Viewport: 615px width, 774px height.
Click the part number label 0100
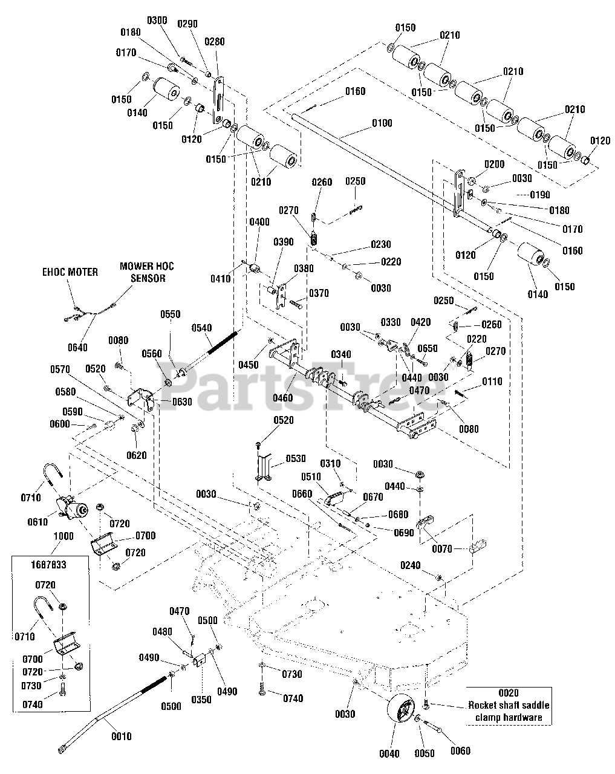pos(382,123)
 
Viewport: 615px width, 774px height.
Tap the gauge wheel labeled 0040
pos(400,711)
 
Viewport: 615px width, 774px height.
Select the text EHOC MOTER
pos(70,272)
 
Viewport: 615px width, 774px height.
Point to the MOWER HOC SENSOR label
pos(147,272)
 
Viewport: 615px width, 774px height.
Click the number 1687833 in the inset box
pos(48,565)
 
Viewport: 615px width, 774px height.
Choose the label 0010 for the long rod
pos(122,737)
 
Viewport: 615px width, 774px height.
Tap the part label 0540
pos(202,328)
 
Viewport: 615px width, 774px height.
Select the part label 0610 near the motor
pos(37,522)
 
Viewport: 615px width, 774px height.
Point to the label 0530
pos(296,458)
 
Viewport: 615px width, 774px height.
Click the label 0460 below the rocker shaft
pos(283,398)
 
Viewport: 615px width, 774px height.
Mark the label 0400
pos(259,222)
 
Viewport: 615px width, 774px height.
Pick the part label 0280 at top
pos(215,42)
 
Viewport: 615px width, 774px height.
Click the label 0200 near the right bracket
pos(495,164)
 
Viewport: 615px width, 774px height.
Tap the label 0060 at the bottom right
pos(461,751)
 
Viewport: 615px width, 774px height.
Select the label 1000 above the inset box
pos(63,536)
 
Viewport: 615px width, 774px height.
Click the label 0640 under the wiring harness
pos(77,348)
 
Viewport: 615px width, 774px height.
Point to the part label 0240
pos(411,566)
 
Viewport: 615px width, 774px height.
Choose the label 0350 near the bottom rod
pos(201,700)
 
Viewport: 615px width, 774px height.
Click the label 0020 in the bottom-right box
pos(509,693)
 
